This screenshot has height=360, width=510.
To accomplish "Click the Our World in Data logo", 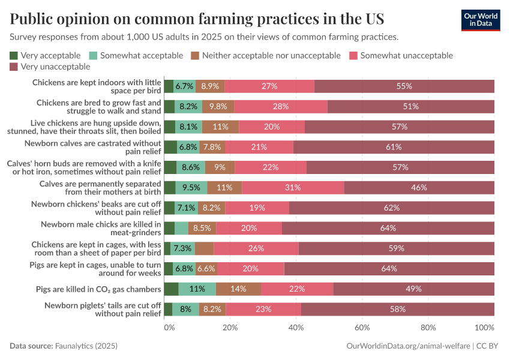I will tap(480, 20).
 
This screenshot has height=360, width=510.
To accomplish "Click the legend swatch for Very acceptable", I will tap(14, 55).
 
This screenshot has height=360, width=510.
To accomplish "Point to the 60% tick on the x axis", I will tap(362, 328).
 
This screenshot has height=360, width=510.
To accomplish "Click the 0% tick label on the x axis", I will tap(169, 328).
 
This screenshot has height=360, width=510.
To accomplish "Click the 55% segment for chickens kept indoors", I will tap(404, 86).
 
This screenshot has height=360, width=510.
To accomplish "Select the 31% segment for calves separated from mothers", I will tap(293, 187).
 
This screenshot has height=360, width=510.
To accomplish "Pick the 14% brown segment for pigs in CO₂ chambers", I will tap(238, 289).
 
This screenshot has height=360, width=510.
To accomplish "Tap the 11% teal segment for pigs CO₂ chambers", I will tap(197, 289).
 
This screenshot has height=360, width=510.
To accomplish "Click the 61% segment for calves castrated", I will tap(394, 147).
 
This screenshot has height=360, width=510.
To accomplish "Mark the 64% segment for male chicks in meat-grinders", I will tap(388, 228).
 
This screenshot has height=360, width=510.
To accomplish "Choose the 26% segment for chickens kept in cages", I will tap(256, 248).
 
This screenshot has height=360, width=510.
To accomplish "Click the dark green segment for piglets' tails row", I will tap(168, 309).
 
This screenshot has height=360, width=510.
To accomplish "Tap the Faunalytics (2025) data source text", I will tap(86, 346).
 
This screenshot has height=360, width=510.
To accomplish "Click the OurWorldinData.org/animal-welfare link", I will tap(409, 346).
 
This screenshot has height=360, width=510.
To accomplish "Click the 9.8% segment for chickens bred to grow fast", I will tap(218, 106).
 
